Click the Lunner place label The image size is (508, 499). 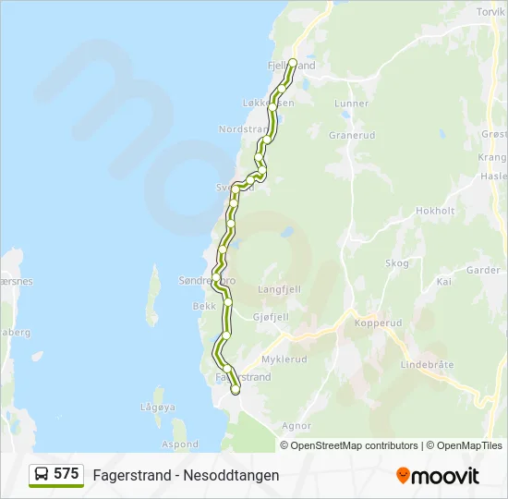coord(352,103)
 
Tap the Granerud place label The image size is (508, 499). coord(352,135)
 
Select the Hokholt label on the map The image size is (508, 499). coord(436,211)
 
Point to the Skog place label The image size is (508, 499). coord(397,263)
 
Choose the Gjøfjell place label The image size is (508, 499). coord(271,317)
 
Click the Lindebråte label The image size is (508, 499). coord(428,365)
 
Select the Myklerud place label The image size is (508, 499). coord(284,359)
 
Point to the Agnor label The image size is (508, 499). coord(296,426)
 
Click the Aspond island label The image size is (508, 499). coord(180,444)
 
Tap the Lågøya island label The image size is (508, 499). coord(158,407)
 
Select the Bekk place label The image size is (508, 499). coord(204,306)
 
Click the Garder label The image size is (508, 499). coord(482,271)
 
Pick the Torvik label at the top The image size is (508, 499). coord(491,12)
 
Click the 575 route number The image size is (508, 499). coord(66,474)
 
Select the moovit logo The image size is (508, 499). coord(438,476)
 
